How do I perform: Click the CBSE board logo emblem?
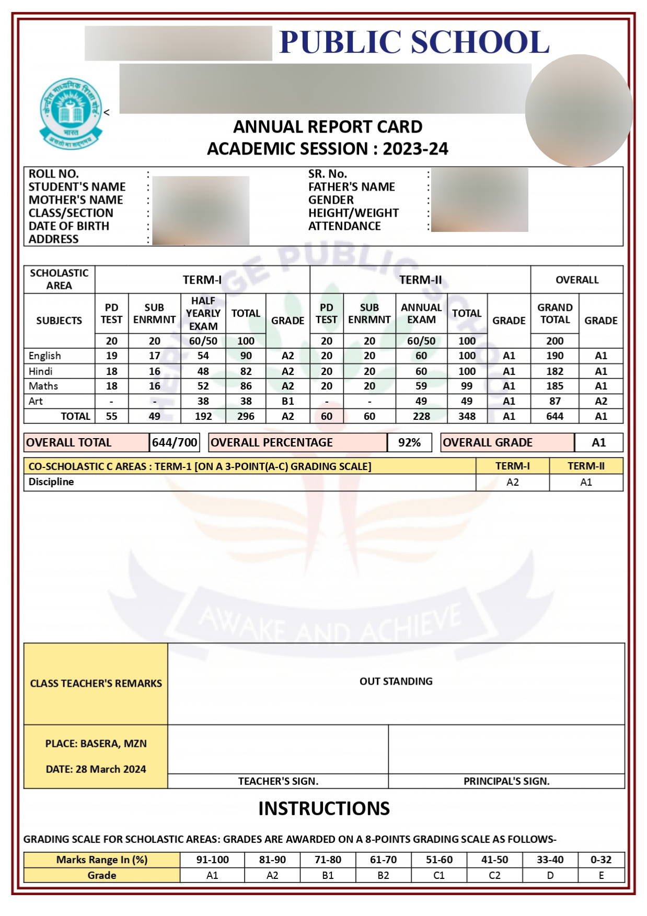71,113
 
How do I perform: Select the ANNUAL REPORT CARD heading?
327,127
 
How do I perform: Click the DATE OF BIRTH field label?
68,226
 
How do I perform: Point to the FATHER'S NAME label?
351,187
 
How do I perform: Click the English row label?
45,356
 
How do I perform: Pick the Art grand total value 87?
554,401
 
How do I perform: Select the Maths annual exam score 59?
421,386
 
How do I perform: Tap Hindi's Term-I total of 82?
246,371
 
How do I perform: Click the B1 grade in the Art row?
287,401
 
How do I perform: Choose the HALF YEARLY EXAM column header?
203,313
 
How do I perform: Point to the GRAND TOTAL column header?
554,313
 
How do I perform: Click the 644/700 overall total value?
175,442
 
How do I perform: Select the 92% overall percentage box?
409,442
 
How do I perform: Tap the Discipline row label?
51,482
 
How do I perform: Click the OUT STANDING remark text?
396,681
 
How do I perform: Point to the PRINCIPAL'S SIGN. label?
506,781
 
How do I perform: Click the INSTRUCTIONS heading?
323,808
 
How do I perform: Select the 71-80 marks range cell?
328,860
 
